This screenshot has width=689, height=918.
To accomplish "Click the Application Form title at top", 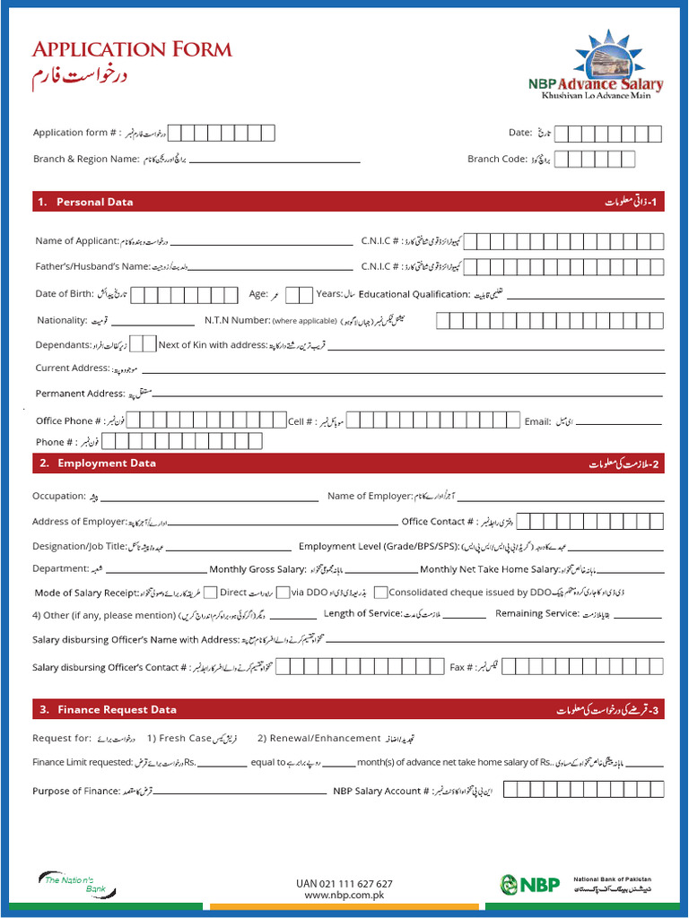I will [x=132, y=49].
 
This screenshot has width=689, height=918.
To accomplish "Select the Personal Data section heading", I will [x=94, y=202].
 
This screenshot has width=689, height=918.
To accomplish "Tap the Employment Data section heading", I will [x=106, y=463].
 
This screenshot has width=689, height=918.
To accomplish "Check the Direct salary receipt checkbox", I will [x=211, y=593].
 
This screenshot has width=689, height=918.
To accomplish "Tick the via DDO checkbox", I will [x=283, y=593].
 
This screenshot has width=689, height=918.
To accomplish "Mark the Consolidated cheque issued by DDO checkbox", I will [x=381, y=593].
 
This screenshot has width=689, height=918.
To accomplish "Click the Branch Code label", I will [x=496, y=159].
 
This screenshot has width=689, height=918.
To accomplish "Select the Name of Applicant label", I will [x=77, y=240].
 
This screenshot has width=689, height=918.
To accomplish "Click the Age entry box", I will [x=299, y=294].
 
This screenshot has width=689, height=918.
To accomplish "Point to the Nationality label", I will [x=62, y=320].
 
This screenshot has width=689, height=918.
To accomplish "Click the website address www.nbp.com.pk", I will [x=344, y=895].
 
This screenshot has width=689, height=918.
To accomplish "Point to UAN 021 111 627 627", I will [x=344, y=883].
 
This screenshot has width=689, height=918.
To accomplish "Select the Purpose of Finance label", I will [x=76, y=791].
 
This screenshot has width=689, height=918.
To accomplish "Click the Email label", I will [x=536, y=420].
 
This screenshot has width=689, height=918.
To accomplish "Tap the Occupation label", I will [x=59, y=496].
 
